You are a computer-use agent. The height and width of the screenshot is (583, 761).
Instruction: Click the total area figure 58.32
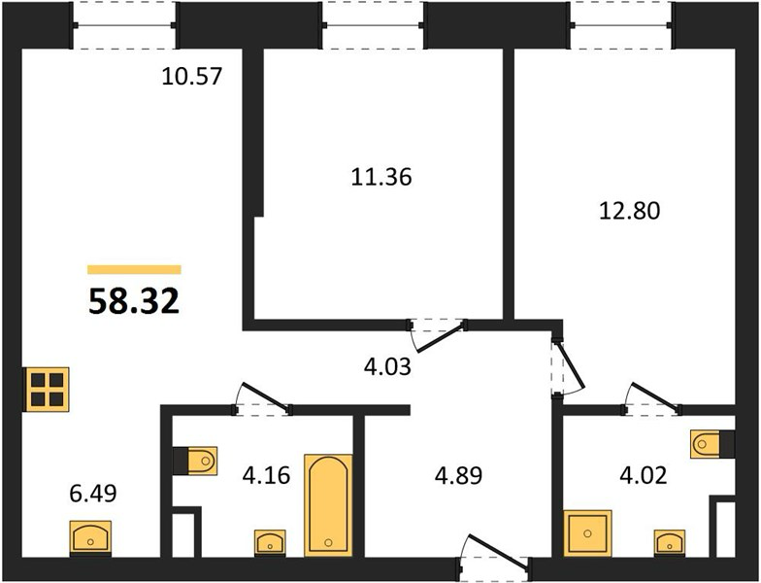[x=134, y=301]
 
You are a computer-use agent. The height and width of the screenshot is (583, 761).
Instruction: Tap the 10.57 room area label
[x=192, y=76]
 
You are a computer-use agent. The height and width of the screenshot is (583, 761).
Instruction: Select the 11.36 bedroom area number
[x=380, y=177]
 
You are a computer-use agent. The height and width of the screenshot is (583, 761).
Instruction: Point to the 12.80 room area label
[x=630, y=211]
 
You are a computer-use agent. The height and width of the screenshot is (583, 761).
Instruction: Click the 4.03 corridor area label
[x=387, y=367]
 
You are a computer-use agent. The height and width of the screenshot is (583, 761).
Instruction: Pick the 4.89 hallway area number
[x=458, y=476]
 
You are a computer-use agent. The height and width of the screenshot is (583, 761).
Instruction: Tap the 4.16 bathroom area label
[x=266, y=475]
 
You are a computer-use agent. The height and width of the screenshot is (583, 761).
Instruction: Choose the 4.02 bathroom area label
[x=644, y=475]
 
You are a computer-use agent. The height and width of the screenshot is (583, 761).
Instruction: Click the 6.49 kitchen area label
[x=93, y=494]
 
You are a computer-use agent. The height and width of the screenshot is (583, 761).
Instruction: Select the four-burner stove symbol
[x=47, y=391]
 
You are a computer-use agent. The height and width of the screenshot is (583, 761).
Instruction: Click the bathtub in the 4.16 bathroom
[x=328, y=505]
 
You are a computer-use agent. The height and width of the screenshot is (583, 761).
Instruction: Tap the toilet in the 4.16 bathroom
[x=195, y=461]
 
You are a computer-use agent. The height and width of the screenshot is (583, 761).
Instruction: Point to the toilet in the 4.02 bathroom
[x=712, y=443]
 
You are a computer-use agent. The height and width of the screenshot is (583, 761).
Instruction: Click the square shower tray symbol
[x=588, y=532]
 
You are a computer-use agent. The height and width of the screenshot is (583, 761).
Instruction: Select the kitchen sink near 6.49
[x=91, y=538]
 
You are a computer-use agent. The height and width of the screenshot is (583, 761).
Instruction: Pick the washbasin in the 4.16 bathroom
[x=270, y=542]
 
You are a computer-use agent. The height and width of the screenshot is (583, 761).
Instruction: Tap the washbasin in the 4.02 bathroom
[x=670, y=542]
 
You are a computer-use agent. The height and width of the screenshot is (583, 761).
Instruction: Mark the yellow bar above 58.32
[x=134, y=270]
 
